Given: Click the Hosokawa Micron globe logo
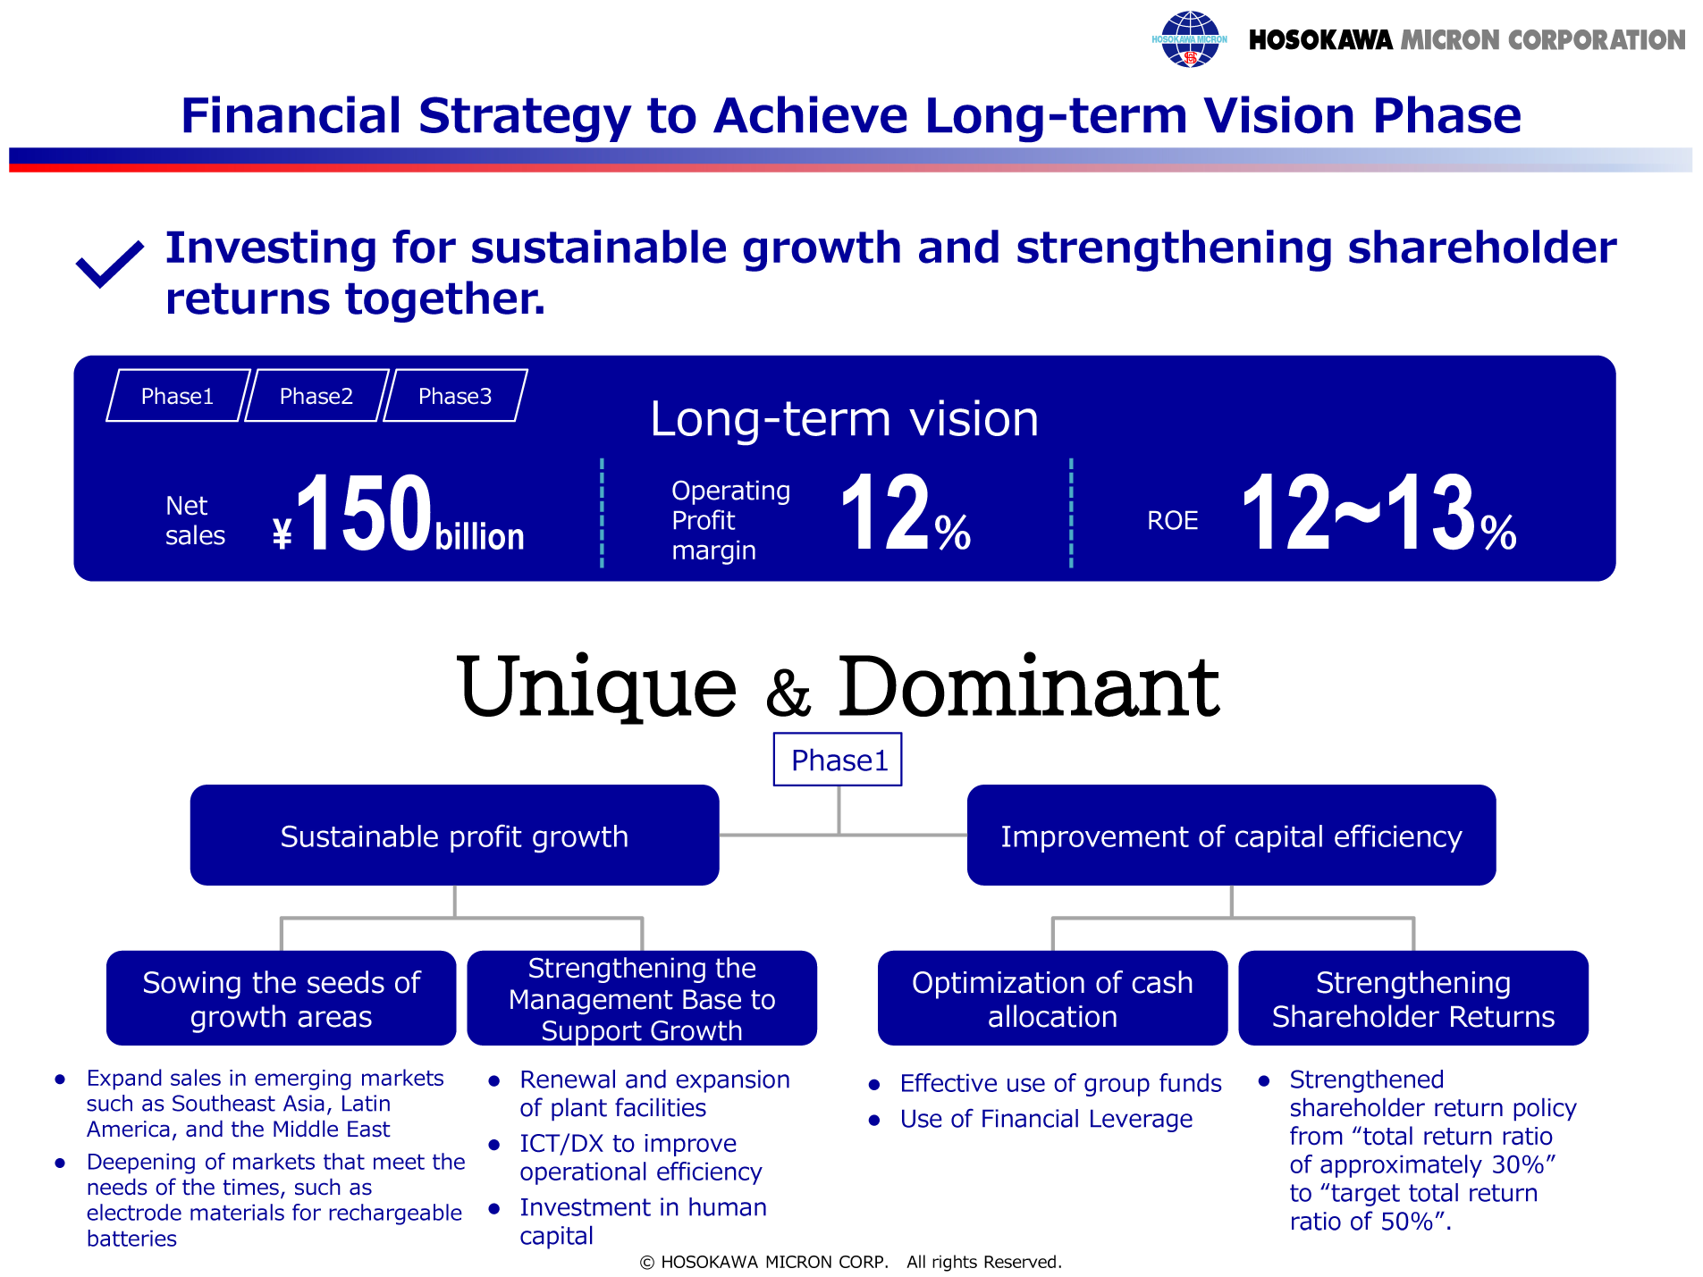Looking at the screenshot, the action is pyautogui.click(x=1189, y=39).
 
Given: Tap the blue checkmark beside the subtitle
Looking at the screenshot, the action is pyautogui.click(x=110, y=265).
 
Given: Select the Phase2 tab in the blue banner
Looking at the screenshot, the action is pyautogui.click(x=316, y=396).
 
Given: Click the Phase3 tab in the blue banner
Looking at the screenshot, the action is pyautogui.click(x=455, y=396).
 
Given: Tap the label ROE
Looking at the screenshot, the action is pyautogui.click(x=1172, y=520).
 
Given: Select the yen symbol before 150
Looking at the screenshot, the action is pyautogui.click(x=282, y=533).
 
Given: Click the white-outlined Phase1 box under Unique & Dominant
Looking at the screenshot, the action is pyautogui.click(x=838, y=760).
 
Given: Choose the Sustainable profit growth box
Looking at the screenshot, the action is pyautogui.click(x=454, y=836).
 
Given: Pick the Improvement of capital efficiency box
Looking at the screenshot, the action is pyautogui.click(x=1231, y=836).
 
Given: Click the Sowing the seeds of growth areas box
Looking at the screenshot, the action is pyautogui.click(x=281, y=998).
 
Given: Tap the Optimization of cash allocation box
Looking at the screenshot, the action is pyautogui.click(x=1052, y=998).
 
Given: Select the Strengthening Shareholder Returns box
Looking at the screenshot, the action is pyautogui.click(x=1413, y=998).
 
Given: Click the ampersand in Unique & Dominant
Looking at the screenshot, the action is pyautogui.click(x=788, y=693).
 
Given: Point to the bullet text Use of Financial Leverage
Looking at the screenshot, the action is pyautogui.click(x=1046, y=1119).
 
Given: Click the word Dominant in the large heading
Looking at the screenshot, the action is pyautogui.click(x=1028, y=686).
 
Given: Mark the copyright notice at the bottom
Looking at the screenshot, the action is pyautogui.click(x=850, y=1262).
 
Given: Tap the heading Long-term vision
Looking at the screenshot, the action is pyautogui.click(x=844, y=418).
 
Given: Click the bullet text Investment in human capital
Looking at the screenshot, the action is pyautogui.click(x=643, y=1222).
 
